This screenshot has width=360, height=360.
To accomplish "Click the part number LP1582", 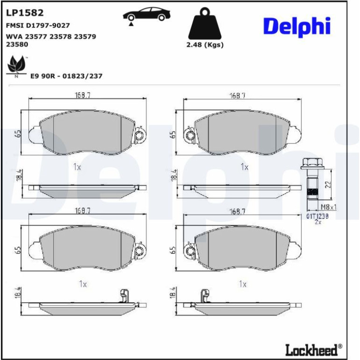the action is coord(25,13).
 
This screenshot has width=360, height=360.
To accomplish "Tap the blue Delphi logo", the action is coord(297,27).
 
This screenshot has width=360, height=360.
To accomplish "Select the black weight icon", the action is coord(205,23).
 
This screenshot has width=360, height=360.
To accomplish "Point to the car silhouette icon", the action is coord(147,14).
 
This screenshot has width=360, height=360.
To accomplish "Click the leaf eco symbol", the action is coord(16,66).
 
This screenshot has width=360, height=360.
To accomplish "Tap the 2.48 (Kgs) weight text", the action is coord(205,44).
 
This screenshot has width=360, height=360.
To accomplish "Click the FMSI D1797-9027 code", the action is coord(38,25).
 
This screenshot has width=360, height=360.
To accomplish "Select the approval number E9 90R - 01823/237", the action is coord(66,76).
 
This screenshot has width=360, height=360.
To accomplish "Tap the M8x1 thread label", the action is coord(329,207).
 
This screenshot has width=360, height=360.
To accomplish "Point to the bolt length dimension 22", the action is coord(328,184).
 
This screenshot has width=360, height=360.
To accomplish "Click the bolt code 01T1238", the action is coord(317,216).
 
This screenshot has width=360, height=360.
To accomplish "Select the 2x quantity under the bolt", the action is coord(318,222).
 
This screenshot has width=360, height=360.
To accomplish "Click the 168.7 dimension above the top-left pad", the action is coord(83,95).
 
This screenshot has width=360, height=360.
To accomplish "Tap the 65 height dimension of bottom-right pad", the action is coord(173,250).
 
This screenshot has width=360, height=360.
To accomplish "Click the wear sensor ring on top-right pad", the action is coord(190,136).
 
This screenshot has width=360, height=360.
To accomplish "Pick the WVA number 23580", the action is coord(17,44).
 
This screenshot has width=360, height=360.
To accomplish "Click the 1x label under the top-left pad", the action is coord(77,167).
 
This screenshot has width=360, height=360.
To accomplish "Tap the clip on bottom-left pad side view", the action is coord(124,295).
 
